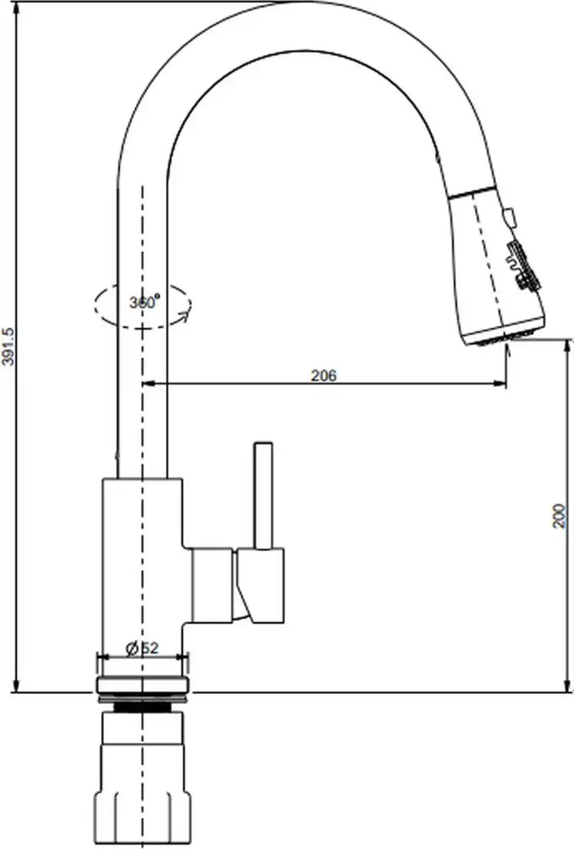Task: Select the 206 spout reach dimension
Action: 323,376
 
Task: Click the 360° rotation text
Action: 143,302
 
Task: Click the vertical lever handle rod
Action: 263,494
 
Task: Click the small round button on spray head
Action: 509,217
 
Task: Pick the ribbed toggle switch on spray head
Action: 520,266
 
